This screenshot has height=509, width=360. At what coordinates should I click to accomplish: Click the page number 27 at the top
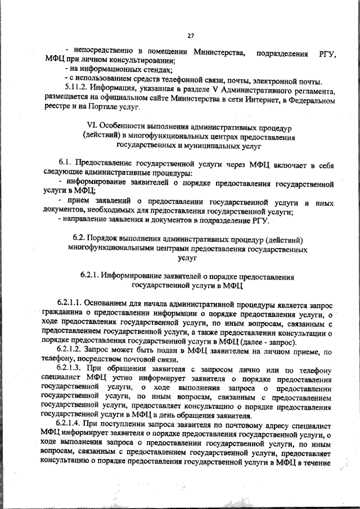click(x=191, y=36)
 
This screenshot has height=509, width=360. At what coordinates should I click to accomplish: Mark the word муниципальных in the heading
click(x=208, y=146)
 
